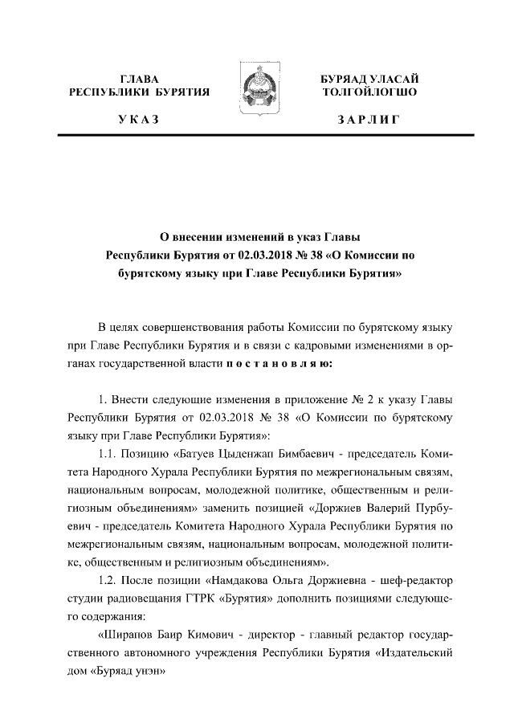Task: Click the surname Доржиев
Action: (342, 508)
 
